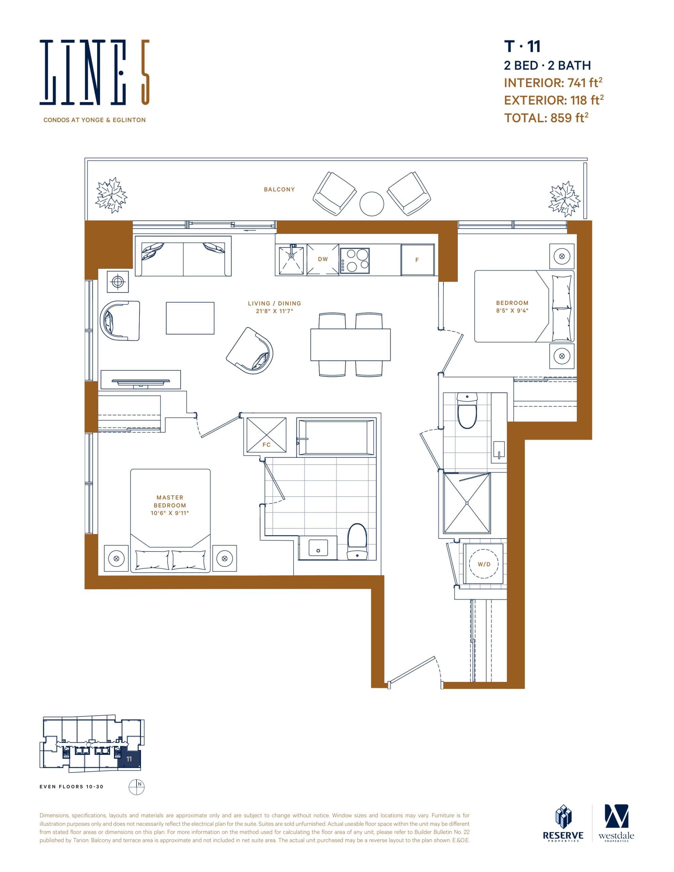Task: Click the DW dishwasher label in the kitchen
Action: point(323,259)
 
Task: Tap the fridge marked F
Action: point(417,260)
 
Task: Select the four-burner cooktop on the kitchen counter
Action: point(355,261)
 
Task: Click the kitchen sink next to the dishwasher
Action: point(291,261)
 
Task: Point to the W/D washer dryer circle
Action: point(484,564)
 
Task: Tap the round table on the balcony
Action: point(371,204)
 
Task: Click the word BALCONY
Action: point(279,189)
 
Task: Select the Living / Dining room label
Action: point(274,303)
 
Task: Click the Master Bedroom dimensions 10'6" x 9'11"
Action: point(170,513)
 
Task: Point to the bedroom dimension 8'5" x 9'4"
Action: point(512,310)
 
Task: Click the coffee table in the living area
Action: point(190,318)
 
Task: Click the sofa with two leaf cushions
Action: point(183,256)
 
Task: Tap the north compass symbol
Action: point(136,787)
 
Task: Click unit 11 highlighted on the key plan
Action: point(129,759)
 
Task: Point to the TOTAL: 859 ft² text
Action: point(546,118)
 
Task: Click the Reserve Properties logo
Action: point(563,824)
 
